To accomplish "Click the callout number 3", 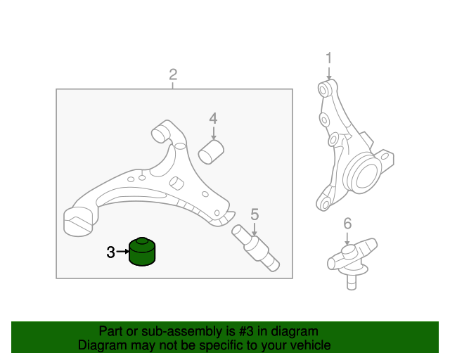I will point(110,252).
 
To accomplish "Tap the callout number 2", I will point(173,75).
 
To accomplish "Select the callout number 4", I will point(213,118).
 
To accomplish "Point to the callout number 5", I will point(255,214).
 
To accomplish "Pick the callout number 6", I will point(347,224).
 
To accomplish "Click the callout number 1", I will point(328,58).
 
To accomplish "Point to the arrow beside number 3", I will point(124,252).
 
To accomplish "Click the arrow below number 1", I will point(328,73).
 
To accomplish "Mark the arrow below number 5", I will point(255,229).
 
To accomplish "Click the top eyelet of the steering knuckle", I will point(324,89).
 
